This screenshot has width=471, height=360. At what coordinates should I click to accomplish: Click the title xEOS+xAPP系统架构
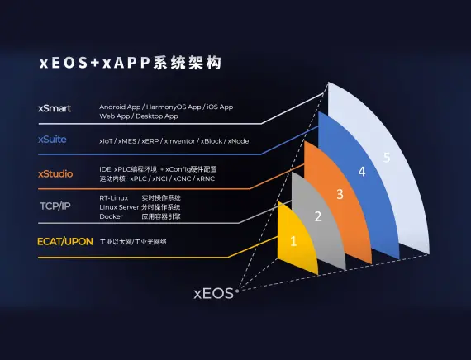(x=130, y=64)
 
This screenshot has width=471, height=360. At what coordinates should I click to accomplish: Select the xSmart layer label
(x=55, y=108)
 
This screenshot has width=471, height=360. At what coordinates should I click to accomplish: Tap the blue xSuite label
(x=54, y=140)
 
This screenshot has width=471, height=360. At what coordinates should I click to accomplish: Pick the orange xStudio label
(x=55, y=173)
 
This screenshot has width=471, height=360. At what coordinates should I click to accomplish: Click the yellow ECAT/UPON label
(x=64, y=241)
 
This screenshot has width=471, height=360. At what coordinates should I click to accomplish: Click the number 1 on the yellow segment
(x=293, y=241)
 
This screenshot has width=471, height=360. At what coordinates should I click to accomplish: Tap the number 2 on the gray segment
(x=317, y=217)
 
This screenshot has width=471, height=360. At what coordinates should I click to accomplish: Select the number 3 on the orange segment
(x=340, y=194)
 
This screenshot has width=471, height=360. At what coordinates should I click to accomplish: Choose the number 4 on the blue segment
(x=361, y=172)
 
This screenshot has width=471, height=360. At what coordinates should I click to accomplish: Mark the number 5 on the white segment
(x=386, y=157)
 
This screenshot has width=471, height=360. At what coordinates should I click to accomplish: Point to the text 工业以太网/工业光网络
(x=133, y=242)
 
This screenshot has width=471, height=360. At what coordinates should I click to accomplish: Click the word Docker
(x=110, y=216)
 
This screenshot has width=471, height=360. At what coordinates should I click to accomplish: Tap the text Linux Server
(x=118, y=207)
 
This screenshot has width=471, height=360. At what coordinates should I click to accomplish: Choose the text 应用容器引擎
(x=161, y=216)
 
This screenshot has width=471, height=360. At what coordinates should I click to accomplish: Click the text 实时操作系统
(x=161, y=198)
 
